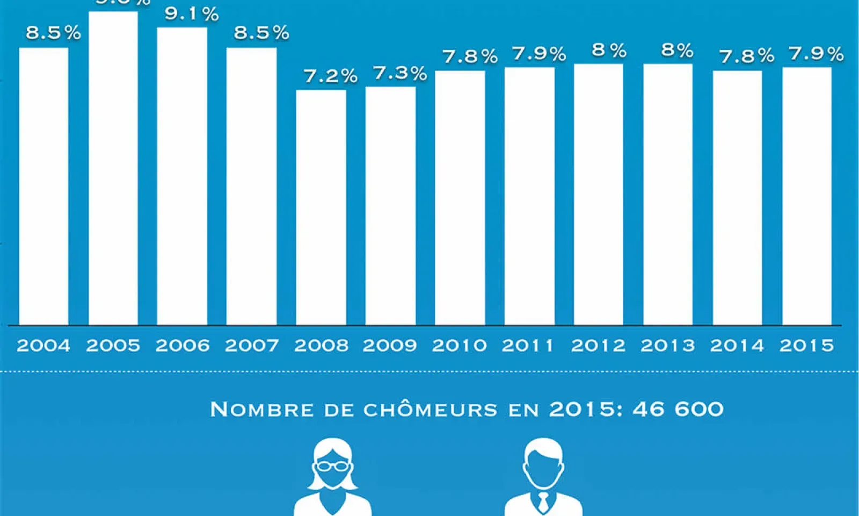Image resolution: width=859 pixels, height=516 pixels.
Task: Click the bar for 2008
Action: coord(321,207)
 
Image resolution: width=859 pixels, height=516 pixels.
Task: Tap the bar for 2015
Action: coord(807,196)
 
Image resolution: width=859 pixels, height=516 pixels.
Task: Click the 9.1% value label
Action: coord(192,14)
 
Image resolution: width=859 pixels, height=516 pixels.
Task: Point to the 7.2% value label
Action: coord(331,76)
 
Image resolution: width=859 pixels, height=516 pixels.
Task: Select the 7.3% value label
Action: coord(400,73)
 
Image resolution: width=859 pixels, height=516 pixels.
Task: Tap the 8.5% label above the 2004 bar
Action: coord(53,33)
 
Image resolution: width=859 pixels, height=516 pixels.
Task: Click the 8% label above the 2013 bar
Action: coord(678,51)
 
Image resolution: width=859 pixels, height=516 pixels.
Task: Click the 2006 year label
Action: coord(183,345)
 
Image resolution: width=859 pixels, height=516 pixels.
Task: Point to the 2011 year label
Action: coord(528,345)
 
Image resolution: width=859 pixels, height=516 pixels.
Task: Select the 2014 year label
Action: coord(737,345)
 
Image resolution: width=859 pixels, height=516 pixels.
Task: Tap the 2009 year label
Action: coord(390,345)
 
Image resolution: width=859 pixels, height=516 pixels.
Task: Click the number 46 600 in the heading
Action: coord(678,410)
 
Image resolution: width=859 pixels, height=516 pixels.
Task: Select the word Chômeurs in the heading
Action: coord(431,410)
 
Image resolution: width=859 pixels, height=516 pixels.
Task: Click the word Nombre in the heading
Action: coord(262,410)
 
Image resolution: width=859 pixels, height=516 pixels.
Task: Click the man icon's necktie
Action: coord(543,502)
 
